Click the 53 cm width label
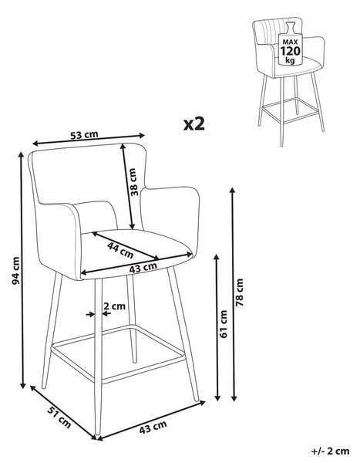pos(84,135)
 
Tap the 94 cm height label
pos(15,271)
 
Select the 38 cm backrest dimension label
pos(133,182)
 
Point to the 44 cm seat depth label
pos(120,250)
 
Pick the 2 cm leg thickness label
pos(115,306)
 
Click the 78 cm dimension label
pos(240,292)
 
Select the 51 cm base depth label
pos(59,417)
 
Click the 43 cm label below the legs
pos(153,428)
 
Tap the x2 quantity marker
pos(193,124)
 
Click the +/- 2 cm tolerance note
pos(330,451)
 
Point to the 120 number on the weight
pos(290,51)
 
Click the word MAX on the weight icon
pos(290,42)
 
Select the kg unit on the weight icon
pos(290,60)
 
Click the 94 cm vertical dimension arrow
pos(22,270)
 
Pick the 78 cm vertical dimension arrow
pos(233,294)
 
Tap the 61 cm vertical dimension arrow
pos(217,327)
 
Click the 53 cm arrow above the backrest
pos(89,140)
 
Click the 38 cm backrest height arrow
pos(127,186)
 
